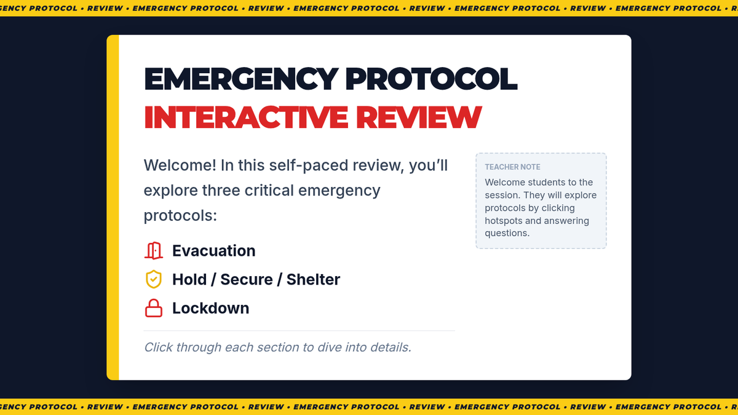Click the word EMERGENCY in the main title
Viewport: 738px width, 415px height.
(x=241, y=79)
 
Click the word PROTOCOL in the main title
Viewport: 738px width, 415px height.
(x=431, y=79)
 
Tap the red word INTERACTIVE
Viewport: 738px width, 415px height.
(x=246, y=117)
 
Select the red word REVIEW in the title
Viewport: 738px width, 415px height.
(x=419, y=117)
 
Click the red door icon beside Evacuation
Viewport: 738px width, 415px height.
(x=154, y=251)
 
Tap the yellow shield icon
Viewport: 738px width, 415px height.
(x=154, y=279)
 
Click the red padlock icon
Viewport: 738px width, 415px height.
(x=154, y=308)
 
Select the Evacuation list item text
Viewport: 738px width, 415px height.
(x=214, y=251)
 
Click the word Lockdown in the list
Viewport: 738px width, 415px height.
(x=210, y=308)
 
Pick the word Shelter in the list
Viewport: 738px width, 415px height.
(x=313, y=279)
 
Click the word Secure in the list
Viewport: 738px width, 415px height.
(x=247, y=279)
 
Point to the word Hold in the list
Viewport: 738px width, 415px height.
(x=189, y=279)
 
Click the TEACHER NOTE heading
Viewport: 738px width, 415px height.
(x=512, y=167)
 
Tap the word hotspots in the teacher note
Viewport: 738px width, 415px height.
(x=504, y=221)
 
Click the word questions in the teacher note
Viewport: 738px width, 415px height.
(x=507, y=233)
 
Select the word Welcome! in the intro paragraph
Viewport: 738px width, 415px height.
(x=180, y=165)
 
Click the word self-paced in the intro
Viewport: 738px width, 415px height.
(x=309, y=165)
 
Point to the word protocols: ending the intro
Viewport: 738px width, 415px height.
(x=180, y=216)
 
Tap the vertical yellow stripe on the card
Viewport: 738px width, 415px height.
(x=113, y=208)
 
